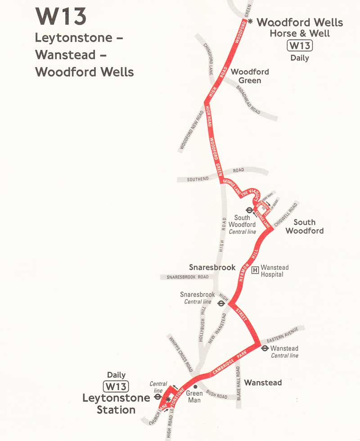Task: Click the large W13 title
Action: pos(61,17)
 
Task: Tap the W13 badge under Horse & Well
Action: pos(300,45)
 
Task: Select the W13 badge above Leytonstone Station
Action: pos(116,387)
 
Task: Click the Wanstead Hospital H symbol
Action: pos(255,270)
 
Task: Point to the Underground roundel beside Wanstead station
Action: pos(265,348)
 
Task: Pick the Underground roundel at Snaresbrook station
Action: pos(221,303)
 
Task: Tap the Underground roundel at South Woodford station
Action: pos(248,210)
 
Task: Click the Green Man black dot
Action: pos(195,386)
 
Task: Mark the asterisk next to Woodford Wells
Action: pos(251,21)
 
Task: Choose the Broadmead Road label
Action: pos(248,99)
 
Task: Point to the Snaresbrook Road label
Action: pos(188,277)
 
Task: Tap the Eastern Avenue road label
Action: pos(283,336)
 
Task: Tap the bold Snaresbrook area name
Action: pos(212,267)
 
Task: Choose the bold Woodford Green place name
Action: pos(250,76)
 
